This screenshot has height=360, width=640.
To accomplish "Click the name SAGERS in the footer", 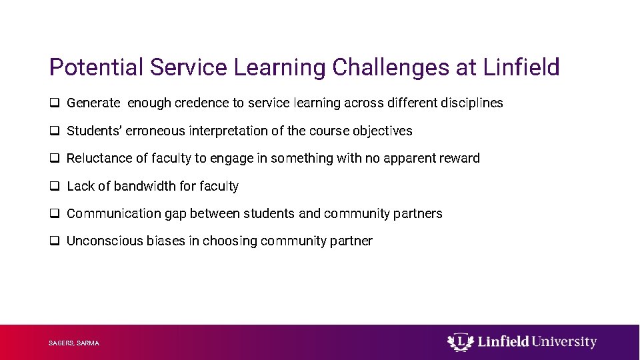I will [61, 343].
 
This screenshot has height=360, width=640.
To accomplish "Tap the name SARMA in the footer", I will [88, 343].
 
